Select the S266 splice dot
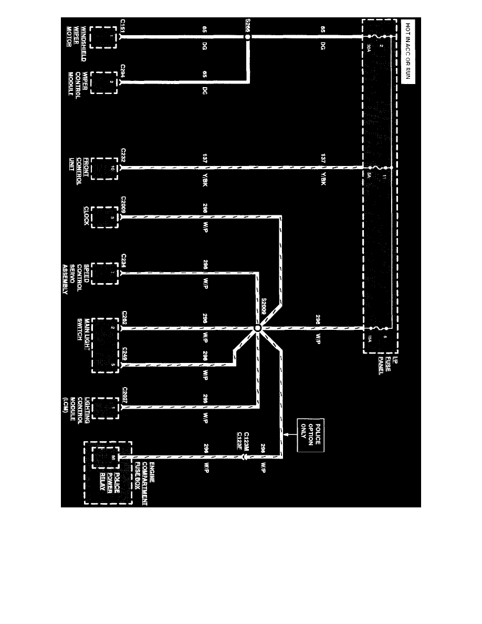click(248, 38)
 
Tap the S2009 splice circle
click(257, 329)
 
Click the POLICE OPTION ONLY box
click(310, 435)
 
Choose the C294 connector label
click(122, 71)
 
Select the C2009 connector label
click(123, 205)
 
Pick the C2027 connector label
click(123, 395)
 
